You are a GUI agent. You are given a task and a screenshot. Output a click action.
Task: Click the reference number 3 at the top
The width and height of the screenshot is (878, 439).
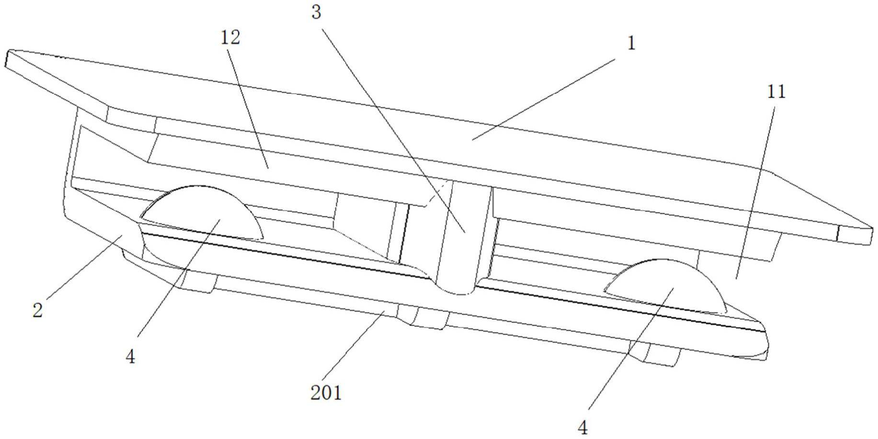[316, 13]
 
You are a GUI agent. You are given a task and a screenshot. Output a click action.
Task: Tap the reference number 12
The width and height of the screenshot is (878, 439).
[230, 38]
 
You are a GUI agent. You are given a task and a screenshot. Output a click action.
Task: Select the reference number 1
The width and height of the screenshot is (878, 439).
[631, 44]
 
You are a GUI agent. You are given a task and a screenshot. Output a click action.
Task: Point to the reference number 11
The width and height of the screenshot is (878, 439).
[776, 92]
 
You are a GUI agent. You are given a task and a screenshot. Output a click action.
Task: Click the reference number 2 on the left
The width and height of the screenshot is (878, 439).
[38, 310]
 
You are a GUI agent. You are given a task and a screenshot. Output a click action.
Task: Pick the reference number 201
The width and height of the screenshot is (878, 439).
[326, 393]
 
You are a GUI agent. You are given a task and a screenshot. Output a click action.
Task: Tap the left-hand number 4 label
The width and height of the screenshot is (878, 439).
[130, 356]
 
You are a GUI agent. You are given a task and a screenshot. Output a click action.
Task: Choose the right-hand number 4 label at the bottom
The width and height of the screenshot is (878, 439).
[582, 428]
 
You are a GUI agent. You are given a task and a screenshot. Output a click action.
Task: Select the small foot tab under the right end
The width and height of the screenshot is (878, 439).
[663, 354]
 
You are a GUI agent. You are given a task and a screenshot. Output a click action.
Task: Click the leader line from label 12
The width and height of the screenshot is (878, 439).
[249, 105]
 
